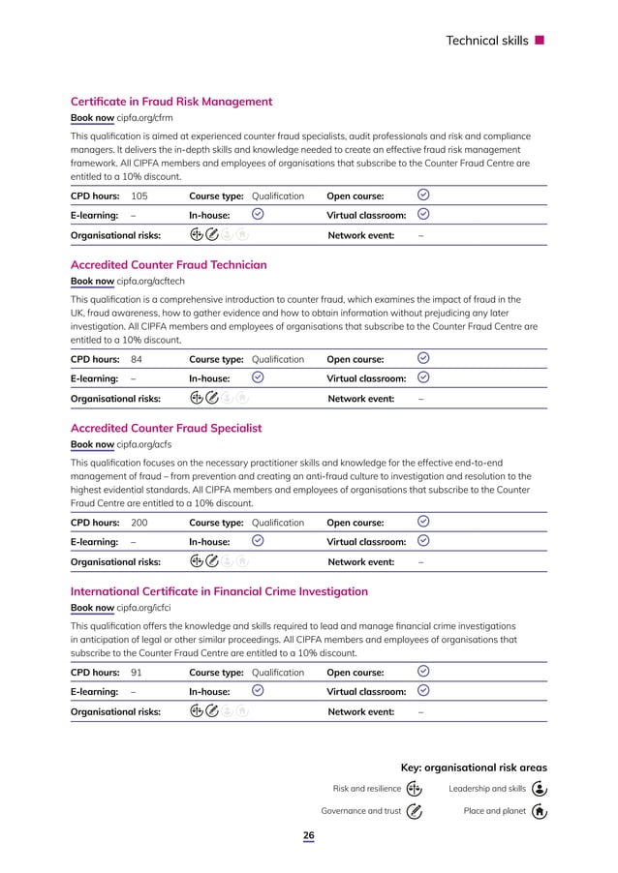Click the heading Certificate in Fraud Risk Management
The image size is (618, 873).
171,102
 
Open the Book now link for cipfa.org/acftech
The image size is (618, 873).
92,282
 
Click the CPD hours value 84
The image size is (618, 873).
137,360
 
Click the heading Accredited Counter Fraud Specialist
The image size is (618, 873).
166,429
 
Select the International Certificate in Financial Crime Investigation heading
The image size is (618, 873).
219,591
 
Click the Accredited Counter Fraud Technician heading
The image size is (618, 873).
169,265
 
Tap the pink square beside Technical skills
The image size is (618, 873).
540,41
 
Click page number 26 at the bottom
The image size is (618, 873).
309,837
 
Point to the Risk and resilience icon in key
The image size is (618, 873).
414,789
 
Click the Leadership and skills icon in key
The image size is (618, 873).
541,789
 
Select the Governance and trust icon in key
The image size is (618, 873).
414,811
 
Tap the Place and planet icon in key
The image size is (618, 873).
541,811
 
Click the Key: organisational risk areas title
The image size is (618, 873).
474,767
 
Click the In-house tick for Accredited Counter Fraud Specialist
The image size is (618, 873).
258,541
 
